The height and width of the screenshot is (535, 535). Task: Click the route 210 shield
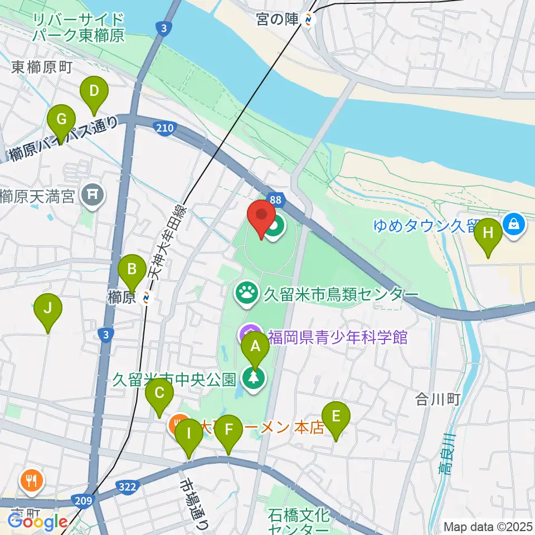tap(164, 129)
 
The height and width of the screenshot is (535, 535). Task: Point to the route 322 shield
tap(128, 488)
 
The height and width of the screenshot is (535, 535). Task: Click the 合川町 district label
tap(437, 399)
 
